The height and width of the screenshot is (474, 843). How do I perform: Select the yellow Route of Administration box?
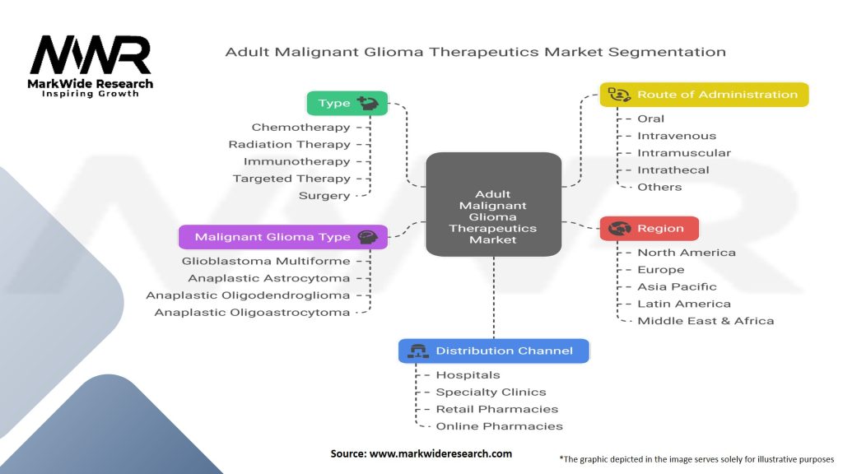(x=704, y=95)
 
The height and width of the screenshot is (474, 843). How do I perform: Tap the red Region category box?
(x=649, y=228)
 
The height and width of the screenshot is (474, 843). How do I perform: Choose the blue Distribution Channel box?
(x=493, y=351)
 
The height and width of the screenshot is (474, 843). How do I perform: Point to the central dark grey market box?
(x=493, y=204)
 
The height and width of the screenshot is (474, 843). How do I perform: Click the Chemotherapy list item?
(x=300, y=128)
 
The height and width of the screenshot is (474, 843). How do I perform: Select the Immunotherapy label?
(x=296, y=161)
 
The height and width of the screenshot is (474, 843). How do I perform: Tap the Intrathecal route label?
(x=673, y=170)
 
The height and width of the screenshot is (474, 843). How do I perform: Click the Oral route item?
(x=650, y=118)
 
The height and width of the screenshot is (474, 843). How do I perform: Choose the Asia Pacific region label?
(x=677, y=286)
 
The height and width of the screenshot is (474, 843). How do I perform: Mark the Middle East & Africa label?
(x=706, y=320)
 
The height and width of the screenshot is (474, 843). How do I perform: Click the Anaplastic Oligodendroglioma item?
(x=248, y=295)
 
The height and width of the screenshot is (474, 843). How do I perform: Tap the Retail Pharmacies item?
(x=496, y=409)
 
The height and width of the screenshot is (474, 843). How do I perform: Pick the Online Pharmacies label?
(x=499, y=426)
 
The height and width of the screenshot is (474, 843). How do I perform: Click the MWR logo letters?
(x=91, y=55)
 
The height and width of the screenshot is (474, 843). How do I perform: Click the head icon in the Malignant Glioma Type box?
(x=367, y=237)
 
